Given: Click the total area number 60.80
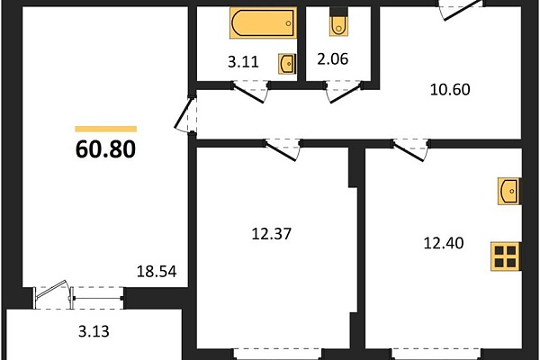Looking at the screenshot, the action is point(105,149).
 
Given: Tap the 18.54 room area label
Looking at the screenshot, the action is point(157,272).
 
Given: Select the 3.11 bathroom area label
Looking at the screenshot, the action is point(243,62).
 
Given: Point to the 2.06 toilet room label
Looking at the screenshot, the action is point(333,58).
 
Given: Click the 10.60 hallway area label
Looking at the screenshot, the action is point(450,90).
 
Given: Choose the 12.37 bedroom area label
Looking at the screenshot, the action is point(272,234).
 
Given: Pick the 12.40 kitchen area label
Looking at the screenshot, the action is point(444,243).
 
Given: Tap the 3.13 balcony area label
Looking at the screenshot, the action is point(94,331).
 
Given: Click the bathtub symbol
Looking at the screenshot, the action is point(264,22).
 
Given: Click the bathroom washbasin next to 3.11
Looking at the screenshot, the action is point(287,63).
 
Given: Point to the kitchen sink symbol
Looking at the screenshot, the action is point(509,191).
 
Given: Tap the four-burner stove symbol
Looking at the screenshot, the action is point(506,256).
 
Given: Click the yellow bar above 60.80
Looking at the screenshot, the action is point(105,130).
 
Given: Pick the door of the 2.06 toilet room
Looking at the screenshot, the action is point(345,92).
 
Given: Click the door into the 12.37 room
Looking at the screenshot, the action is point(282,150).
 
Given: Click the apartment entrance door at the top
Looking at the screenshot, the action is point(461,10).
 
